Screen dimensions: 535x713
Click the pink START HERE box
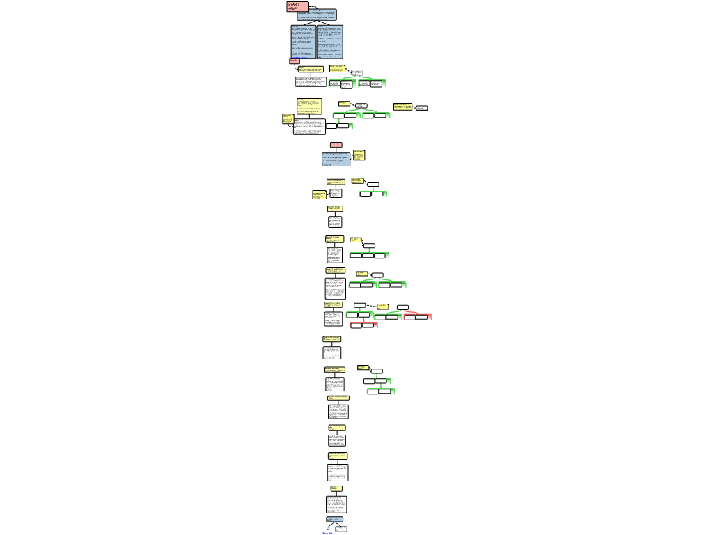297,6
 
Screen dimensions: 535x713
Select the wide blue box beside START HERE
317,15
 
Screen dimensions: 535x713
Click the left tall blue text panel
303,42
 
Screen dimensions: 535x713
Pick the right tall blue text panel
329,42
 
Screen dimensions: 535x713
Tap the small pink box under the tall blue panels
294,61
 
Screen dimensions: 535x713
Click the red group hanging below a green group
363,325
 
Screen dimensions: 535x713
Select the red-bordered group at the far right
418,317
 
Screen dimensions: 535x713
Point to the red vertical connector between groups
363,320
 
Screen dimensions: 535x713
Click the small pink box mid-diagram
336,145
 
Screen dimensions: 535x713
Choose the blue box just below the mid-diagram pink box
336,159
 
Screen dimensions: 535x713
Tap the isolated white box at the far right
421,108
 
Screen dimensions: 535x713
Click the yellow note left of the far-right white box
402,107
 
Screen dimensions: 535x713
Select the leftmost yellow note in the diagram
288,118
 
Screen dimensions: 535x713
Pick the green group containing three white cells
369,256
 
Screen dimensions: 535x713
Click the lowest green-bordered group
381,391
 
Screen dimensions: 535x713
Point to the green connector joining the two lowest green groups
379,386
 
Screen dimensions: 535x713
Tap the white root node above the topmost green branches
357,72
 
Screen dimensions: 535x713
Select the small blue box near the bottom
334,519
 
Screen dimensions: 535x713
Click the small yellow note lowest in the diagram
336,488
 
